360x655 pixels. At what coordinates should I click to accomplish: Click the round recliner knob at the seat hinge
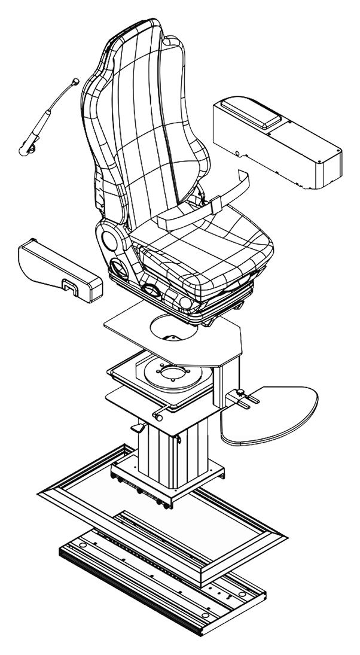tap(110, 240)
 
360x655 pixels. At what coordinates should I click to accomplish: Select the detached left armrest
tap(57, 270)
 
